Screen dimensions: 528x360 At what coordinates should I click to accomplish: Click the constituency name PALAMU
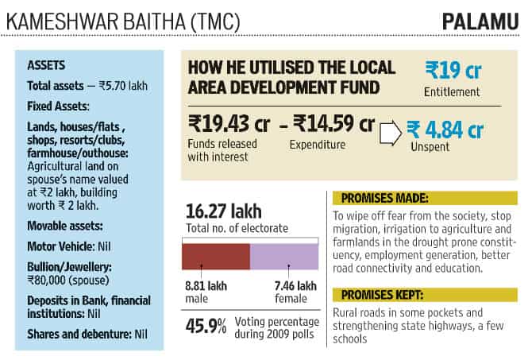tap(480, 22)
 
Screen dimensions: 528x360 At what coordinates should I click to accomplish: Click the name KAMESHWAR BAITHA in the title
tap(96, 22)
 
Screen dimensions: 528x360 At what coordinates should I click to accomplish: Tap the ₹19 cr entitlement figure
tap(453, 70)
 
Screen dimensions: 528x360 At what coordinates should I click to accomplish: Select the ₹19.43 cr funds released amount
tap(229, 123)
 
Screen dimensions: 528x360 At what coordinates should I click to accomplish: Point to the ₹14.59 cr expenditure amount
tap(333, 123)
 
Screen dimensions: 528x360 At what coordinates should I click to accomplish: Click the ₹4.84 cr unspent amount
tap(445, 130)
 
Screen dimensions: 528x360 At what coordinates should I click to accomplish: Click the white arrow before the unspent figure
tap(391, 134)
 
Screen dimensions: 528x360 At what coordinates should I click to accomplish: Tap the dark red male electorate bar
tap(216, 257)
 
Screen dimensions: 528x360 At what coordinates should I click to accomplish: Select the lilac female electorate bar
tap(284, 257)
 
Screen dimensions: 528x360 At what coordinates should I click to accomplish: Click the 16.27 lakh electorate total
tap(224, 211)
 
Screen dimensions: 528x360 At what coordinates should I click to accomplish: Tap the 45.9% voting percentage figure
tap(206, 327)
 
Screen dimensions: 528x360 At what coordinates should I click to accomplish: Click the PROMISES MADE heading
tap(385, 198)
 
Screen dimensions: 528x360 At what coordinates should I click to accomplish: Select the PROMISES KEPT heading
tap(382, 295)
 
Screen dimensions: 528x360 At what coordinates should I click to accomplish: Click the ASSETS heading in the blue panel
tap(46, 65)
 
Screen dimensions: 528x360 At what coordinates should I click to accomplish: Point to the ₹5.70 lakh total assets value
tap(123, 86)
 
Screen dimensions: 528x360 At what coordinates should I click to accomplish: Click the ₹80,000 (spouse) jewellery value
tap(68, 281)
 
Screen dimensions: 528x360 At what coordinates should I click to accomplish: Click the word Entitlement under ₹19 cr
tap(452, 91)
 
